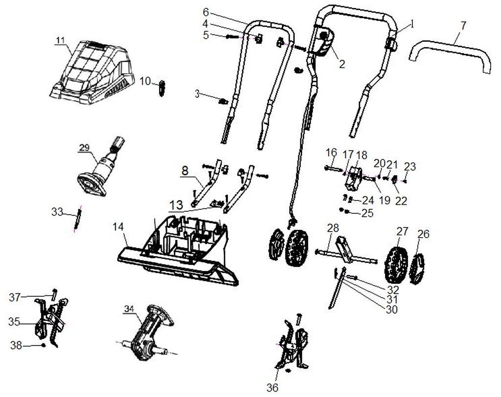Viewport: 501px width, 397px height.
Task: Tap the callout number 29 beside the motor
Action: (84, 146)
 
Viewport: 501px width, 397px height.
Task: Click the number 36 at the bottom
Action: (272, 388)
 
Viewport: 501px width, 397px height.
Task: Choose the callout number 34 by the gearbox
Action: (129, 309)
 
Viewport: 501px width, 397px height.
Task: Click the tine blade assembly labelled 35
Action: (49, 323)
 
